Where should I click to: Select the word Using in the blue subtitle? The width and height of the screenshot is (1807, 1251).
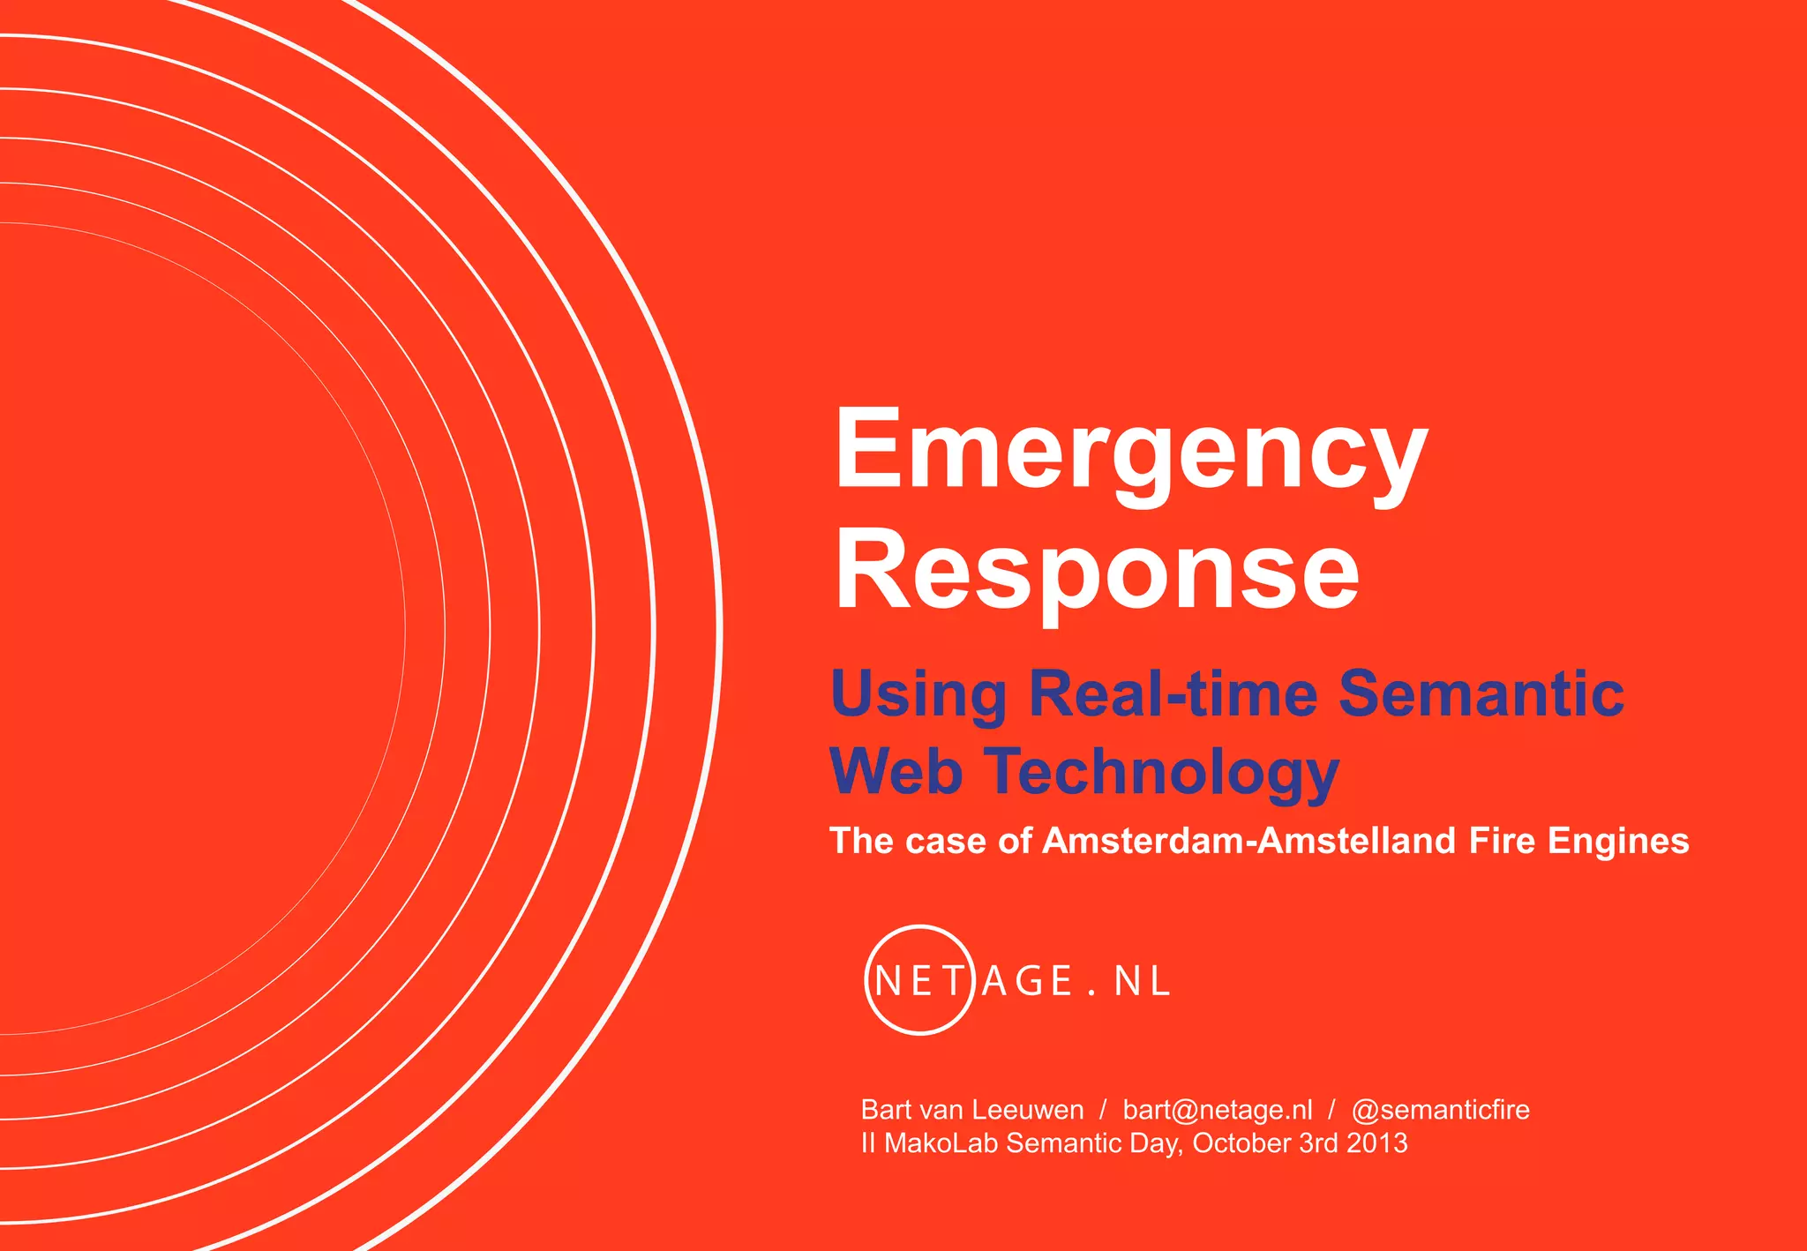918,694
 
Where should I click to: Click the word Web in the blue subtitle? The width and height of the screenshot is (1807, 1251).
896,771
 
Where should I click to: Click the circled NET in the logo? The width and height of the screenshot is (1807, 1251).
918,980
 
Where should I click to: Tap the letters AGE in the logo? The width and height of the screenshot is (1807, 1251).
1027,981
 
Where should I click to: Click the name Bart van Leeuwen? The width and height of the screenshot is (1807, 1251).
971,1110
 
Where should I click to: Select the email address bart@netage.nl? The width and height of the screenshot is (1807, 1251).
1218,1110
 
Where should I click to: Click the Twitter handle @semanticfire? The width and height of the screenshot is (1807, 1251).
1441,1110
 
